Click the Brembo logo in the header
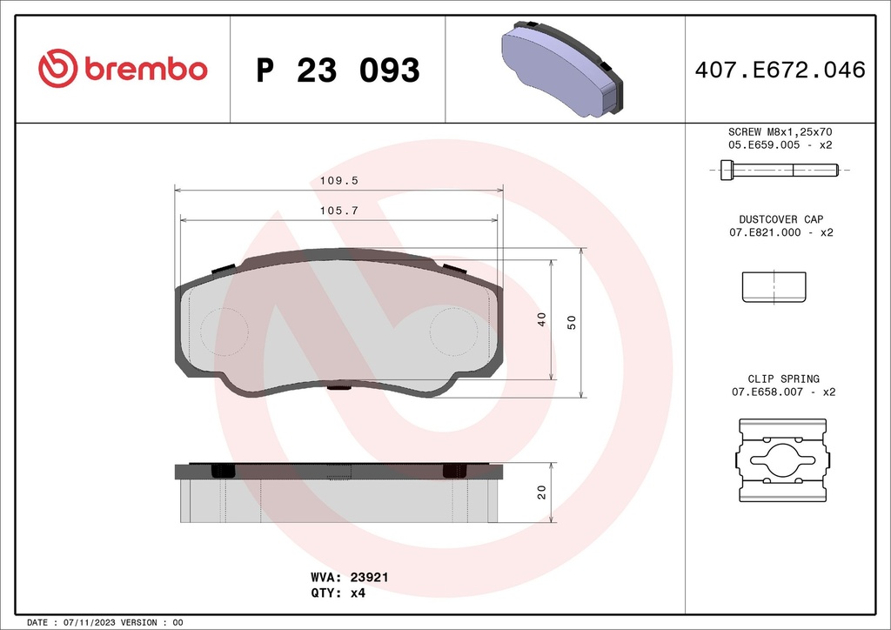(123, 69)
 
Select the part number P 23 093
(338, 70)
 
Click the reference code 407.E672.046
(780, 70)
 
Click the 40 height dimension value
(541, 318)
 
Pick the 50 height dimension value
(572, 322)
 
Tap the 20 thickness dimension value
(541, 492)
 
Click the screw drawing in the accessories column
(780, 171)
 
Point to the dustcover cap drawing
(774, 287)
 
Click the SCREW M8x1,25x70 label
(780, 131)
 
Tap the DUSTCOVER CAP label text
(780, 219)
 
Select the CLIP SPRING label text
(783, 379)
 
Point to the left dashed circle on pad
(224, 331)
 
